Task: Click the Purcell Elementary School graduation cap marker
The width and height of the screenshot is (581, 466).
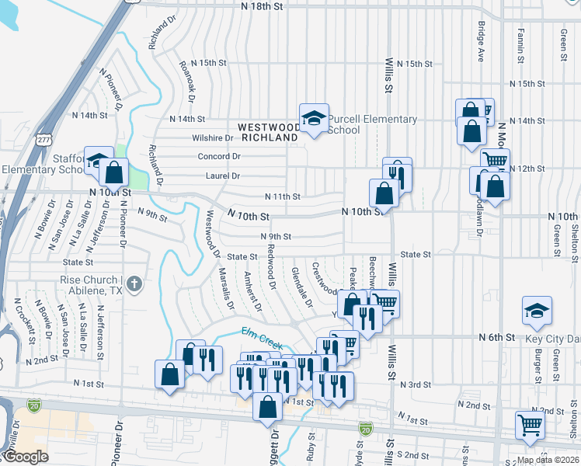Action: [314, 119]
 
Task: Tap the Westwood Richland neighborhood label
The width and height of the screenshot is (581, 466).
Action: [268, 131]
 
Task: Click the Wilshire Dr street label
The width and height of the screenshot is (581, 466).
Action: [213, 138]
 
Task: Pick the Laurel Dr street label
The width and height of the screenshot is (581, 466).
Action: [223, 177]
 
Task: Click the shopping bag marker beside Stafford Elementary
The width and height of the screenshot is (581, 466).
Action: [114, 172]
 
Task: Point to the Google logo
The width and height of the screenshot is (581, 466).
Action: [26, 457]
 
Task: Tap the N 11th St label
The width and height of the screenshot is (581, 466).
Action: [282, 196]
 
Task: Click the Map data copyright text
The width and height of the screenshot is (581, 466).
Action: [548, 460]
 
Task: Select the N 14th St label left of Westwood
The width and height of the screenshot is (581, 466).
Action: [187, 120]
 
